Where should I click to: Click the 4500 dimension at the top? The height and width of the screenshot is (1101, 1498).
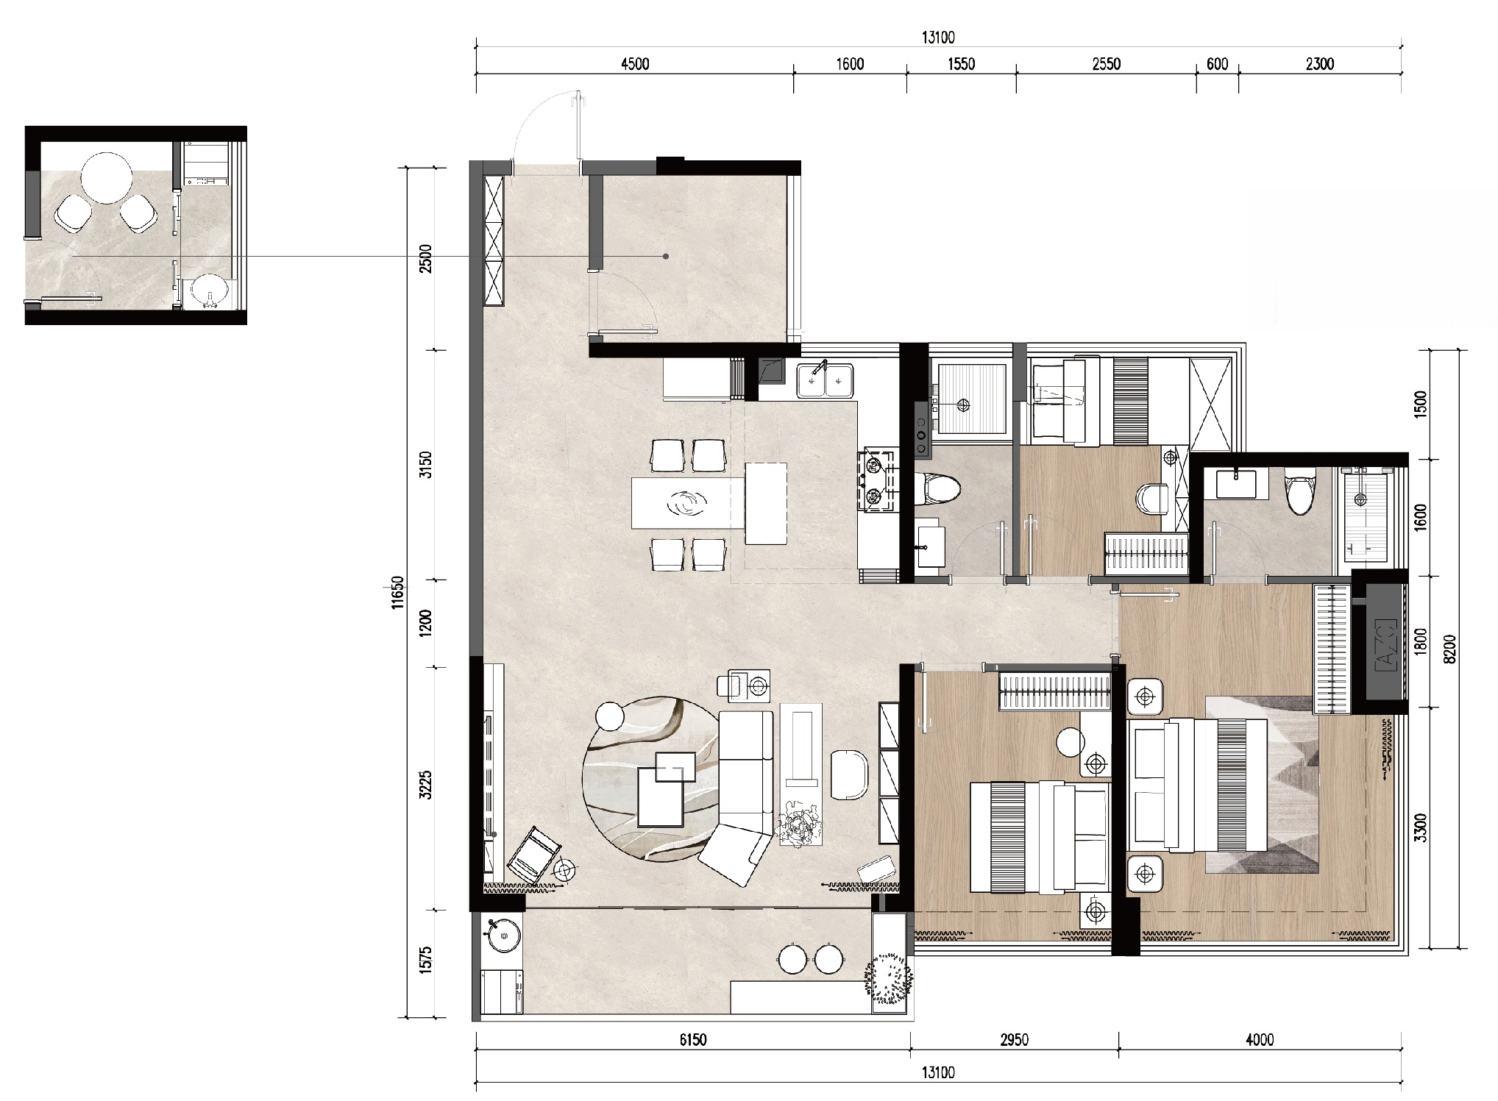[635, 64]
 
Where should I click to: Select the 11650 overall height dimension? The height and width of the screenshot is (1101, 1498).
[398, 592]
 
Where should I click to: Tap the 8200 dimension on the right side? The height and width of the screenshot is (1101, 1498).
[1449, 649]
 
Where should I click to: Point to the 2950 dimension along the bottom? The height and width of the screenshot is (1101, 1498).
[1014, 1040]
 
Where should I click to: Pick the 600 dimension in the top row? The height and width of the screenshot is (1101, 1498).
[1217, 64]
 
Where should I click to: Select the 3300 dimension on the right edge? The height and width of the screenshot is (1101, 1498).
[1420, 828]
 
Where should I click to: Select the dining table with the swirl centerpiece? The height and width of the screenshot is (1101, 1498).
[688, 503]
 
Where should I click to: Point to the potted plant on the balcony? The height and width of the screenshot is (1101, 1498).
[890, 979]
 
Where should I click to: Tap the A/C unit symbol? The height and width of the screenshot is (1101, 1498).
[1384, 644]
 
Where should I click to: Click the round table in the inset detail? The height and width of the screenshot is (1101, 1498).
[107, 178]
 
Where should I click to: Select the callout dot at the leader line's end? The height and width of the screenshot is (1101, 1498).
[666, 257]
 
